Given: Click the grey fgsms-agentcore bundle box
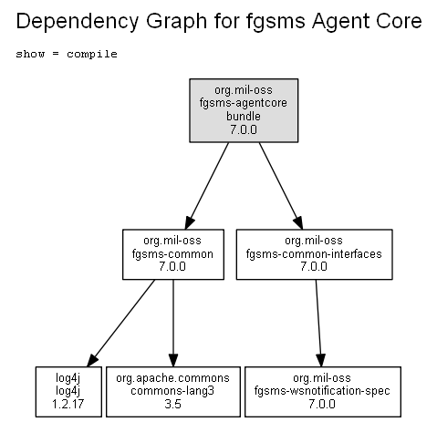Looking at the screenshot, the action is point(244,110).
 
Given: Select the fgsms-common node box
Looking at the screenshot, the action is point(173,254).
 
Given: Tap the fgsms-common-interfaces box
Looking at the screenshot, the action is point(314,254).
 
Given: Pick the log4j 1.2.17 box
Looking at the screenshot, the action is point(68,392).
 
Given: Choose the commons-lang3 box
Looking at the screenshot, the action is point(173,392).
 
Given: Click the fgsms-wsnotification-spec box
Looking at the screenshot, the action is point(323,392).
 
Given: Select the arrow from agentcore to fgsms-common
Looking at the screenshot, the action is point(207,186).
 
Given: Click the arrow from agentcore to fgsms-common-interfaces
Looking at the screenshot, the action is point(281,186).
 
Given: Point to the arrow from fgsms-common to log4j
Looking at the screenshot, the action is point(121,323).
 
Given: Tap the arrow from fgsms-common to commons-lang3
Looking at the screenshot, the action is point(173,323).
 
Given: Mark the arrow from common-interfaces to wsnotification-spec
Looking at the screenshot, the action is point(318,323).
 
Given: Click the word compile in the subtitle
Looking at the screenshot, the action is point(92,54).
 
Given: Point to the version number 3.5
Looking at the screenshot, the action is point(172,404).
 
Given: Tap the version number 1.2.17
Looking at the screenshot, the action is point(68,404).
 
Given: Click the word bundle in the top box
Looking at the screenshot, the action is point(244,116).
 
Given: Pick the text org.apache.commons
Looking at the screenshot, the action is point(172,378).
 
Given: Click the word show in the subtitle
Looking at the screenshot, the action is point(30,54).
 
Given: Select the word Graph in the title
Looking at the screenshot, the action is point(176,22).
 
